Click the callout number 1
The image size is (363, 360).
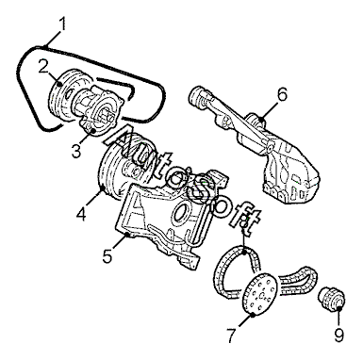(62, 24)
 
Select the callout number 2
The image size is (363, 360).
(44, 66)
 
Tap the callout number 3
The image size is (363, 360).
(76, 151)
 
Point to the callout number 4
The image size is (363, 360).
(81, 214)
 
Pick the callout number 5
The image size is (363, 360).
(107, 255)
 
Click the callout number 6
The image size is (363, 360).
(283, 94)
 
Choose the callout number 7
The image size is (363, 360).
(231, 335)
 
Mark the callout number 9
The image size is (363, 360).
(339, 335)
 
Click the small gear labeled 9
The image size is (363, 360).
(331, 298)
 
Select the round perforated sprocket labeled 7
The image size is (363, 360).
(260, 293)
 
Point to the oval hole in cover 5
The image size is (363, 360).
(180, 214)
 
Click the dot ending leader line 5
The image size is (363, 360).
(127, 234)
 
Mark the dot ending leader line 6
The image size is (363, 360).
(261, 119)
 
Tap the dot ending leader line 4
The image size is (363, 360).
(103, 188)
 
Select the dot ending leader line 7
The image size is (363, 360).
(254, 314)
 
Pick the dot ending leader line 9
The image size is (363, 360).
(339, 309)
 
